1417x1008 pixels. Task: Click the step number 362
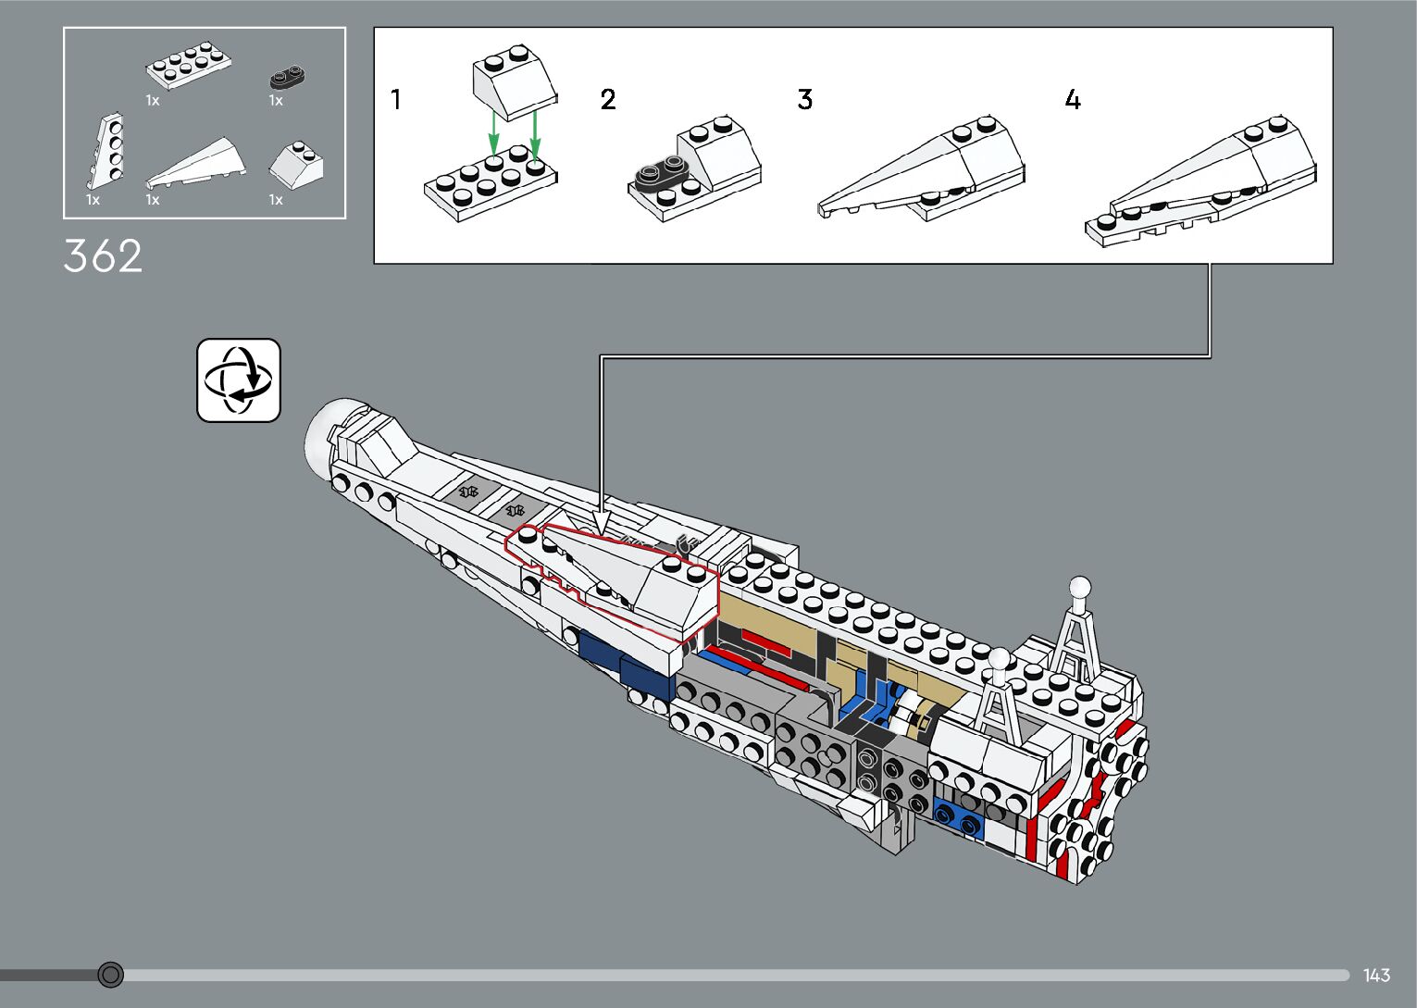point(103,256)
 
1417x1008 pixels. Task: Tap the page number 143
point(1376,975)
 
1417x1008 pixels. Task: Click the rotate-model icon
point(238,380)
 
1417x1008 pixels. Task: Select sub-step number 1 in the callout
point(396,99)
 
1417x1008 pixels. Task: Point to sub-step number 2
point(607,99)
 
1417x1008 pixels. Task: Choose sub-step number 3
point(804,99)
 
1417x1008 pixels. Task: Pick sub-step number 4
point(1072,99)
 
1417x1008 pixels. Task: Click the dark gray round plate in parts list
point(288,76)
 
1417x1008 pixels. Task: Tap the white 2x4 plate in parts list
point(188,67)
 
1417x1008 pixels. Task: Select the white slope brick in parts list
point(297,163)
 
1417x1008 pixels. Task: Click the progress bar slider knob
point(110,975)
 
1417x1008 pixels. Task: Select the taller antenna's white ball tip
point(1079,587)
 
